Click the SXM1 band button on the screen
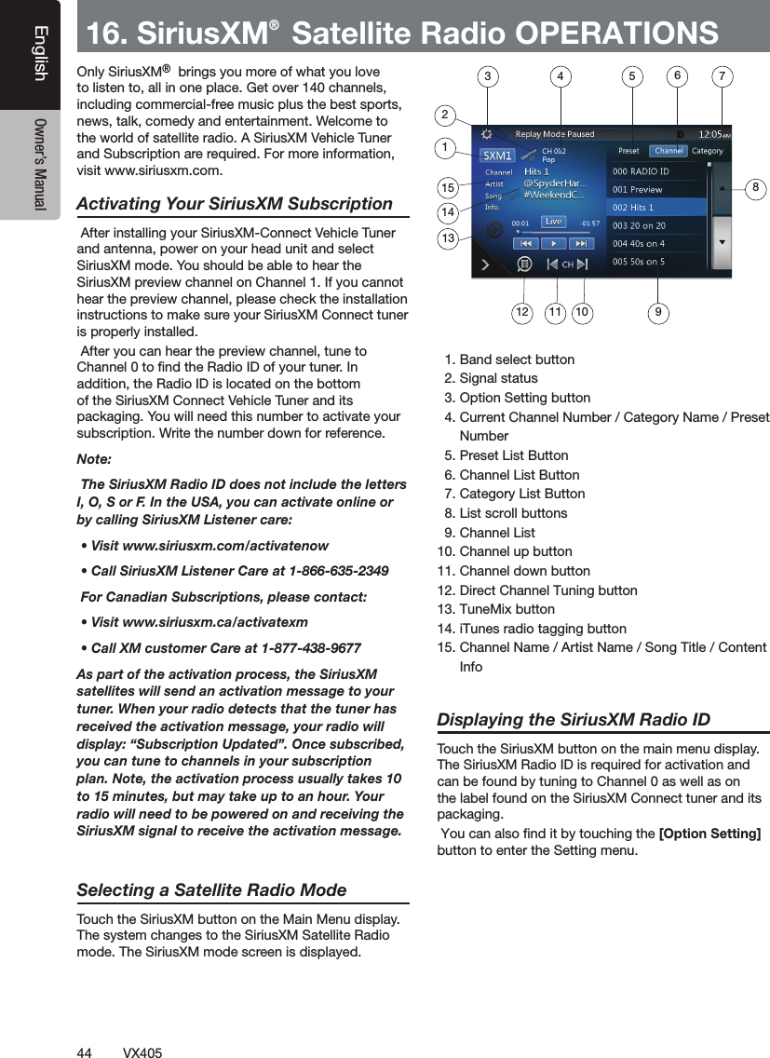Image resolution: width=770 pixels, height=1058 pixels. point(497,155)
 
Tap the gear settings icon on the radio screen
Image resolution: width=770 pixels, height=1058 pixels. point(485,134)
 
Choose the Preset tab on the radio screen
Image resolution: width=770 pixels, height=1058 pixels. point(628,151)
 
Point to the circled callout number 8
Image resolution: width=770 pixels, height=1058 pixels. point(756,188)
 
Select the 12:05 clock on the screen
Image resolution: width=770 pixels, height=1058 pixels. point(713,134)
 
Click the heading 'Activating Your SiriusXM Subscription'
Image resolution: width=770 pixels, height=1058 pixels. point(235,204)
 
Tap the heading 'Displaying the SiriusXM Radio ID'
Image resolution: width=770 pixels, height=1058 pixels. point(574,720)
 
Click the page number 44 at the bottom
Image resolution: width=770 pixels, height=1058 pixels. point(84,1052)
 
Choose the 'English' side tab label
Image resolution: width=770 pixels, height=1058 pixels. point(39,53)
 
